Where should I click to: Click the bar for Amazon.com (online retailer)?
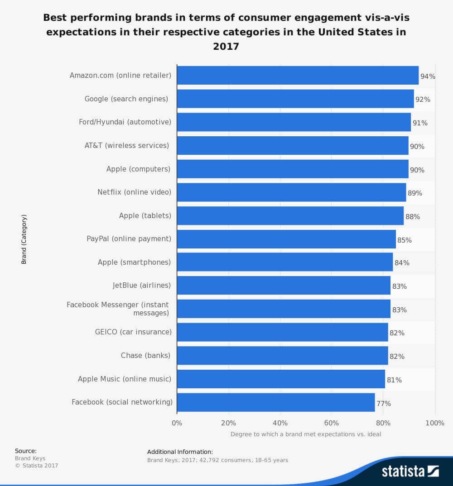(x=298, y=75)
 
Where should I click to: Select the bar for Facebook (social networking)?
(x=275, y=402)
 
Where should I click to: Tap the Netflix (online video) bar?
(x=291, y=192)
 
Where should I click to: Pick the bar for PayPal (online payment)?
(x=286, y=239)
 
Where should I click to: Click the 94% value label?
(x=428, y=76)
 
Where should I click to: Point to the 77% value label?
(x=383, y=403)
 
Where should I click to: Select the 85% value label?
(x=404, y=240)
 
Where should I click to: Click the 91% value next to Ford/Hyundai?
(x=420, y=123)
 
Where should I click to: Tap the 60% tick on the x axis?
(x=332, y=423)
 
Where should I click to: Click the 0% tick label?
(x=177, y=423)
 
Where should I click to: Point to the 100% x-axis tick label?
(x=435, y=423)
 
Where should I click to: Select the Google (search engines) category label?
(x=126, y=99)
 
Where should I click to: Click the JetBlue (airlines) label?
(x=142, y=286)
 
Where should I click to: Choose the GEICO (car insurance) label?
(x=133, y=332)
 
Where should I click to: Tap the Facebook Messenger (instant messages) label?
(x=118, y=309)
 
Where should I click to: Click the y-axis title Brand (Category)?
(x=24, y=239)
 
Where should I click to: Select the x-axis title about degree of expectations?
(x=306, y=434)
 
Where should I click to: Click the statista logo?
(x=410, y=471)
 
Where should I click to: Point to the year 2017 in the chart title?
(x=226, y=46)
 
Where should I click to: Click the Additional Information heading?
(x=180, y=452)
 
